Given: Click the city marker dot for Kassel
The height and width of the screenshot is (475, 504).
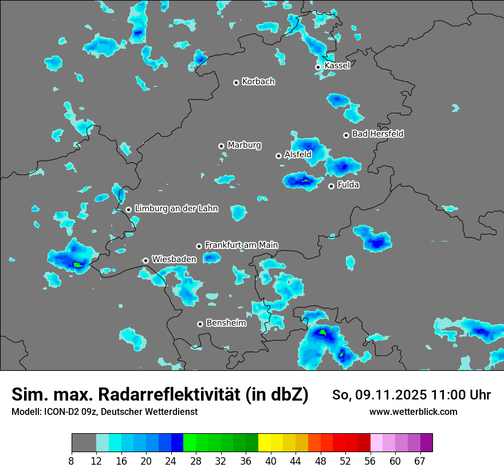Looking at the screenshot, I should pos(318,67).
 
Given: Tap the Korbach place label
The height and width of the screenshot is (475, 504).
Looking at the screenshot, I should pos(258,82).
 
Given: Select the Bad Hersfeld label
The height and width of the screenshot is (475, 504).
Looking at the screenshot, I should pos(377,134).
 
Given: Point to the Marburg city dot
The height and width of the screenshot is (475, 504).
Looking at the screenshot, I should pos(221,146).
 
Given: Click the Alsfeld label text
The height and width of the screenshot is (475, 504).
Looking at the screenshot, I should pos(298,155).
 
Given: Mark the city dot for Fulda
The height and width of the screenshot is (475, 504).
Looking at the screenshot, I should pos(331,186).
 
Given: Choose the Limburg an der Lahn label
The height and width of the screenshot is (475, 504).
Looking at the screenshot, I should pos(176,209).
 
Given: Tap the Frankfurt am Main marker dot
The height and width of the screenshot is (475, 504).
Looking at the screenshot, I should pos(199,246).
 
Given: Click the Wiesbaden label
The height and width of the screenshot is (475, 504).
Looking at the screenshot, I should pos(174,259).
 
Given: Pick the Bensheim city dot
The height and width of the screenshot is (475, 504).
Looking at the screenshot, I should pos(200,324).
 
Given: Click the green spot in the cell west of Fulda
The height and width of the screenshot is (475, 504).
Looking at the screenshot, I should pos(306,181).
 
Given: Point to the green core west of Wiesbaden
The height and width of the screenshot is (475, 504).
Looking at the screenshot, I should pos(78,264).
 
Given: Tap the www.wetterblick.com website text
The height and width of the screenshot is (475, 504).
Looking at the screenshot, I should pos(413,411).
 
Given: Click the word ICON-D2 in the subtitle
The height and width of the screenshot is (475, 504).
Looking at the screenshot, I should pos(60,411).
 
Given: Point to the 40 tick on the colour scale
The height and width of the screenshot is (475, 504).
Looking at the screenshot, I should pos(271,461).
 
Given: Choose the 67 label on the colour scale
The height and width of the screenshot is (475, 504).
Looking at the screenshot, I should pos(420,461).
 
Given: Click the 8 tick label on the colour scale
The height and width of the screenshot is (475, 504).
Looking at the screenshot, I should pos(72,461).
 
